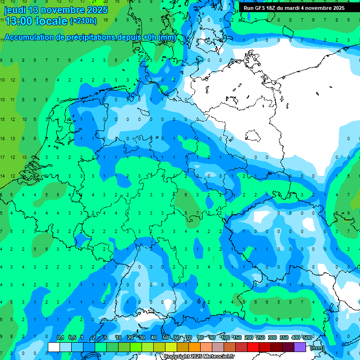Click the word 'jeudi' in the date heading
tap(15, 10)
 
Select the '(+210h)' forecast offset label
tap(83, 21)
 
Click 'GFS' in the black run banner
tap(262, 8)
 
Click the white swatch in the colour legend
tap(54, 347)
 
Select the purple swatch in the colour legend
tap(300, 347)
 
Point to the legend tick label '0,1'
tap(60, 338)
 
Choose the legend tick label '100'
tap(225, 338)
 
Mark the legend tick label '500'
tap(308, 338)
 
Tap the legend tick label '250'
tap(261, 338)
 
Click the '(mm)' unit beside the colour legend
tap(317, 348)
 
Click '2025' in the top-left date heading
tap(95, 10)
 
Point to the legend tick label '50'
tap(165, 338)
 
